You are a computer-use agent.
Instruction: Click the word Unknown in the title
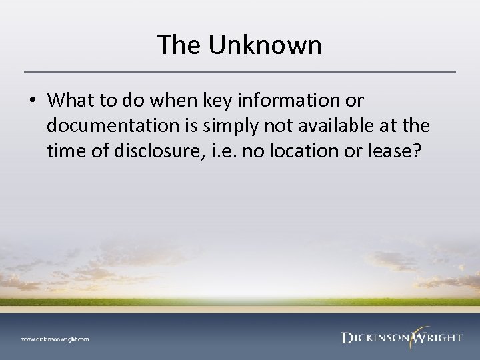[x=266, y=45]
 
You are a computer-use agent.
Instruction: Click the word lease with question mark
[x=399, y=151]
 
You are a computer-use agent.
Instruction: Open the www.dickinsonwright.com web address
[x=55, y=339]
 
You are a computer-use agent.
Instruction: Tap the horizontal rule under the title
[x=240, y=71]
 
